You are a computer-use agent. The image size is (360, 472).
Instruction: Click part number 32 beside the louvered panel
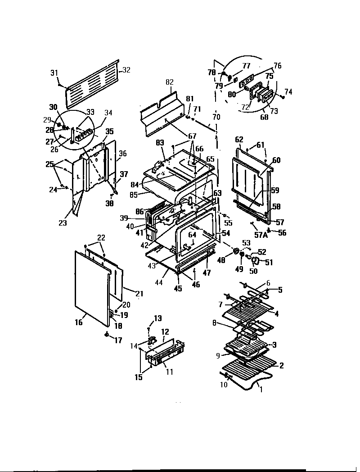point(126,70)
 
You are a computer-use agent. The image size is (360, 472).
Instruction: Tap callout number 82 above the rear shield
point(169,82)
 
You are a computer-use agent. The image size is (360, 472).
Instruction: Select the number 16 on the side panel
point(79,322)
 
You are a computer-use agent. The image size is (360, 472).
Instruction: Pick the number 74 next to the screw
point(288,91)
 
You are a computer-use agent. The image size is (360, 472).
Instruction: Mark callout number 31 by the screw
point(54,73)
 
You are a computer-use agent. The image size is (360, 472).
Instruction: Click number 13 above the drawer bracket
point(157,318)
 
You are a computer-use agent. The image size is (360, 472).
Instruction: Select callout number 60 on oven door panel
point(276,160)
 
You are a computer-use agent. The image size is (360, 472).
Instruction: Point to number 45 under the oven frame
point(178,289)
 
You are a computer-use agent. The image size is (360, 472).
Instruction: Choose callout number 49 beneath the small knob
point(239,269)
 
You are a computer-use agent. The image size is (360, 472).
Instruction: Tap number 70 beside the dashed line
point(216,117)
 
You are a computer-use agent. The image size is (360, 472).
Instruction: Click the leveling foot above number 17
point(107,334)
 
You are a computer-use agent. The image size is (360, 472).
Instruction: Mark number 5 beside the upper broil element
point(280,290)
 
